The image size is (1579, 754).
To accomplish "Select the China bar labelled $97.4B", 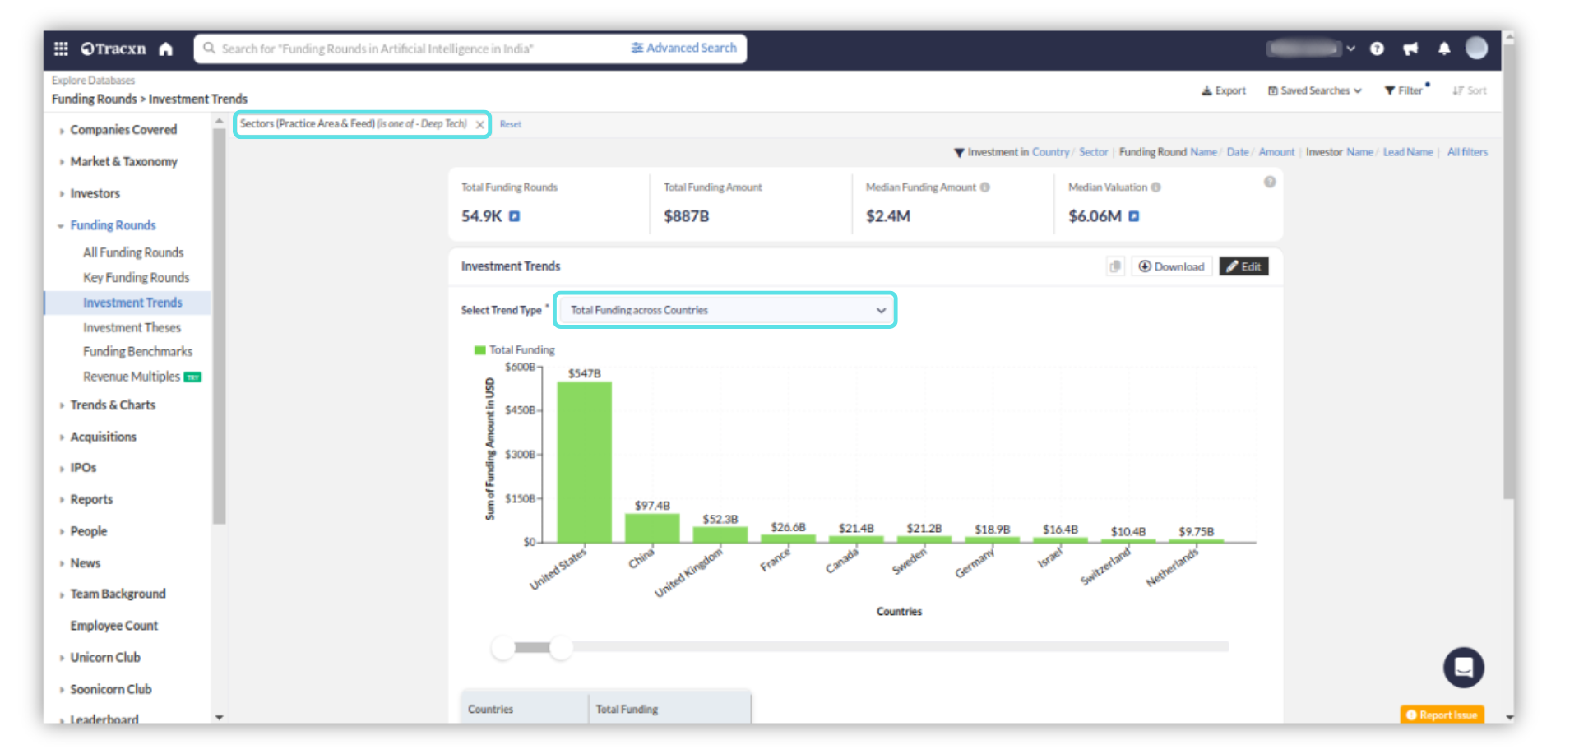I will pos(652,528).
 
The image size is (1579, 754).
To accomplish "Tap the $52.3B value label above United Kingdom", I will pos(720,520).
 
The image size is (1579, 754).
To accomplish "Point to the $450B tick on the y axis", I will pos(520,410).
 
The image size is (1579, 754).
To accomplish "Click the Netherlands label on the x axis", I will pos(1173,567).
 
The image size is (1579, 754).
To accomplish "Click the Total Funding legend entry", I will pos(515,350).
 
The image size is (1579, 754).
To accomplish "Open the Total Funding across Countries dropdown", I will pos(725,311).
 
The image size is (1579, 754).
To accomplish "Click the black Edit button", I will pos(1243,267).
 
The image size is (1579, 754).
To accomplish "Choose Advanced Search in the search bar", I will pos(683,49).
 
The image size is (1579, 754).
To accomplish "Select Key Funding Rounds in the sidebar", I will pos(136,278).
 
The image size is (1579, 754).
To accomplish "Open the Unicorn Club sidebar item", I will pos(105,658).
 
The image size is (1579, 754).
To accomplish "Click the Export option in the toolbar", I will pos(1224,91).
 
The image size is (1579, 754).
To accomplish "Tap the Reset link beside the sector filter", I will pos(510,125).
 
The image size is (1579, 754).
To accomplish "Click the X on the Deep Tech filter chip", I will pos(479,125).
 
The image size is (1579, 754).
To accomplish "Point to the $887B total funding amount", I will pos(686,216).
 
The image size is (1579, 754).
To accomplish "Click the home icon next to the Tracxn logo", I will pos(166,49).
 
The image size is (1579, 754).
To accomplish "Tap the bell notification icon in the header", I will pos(1444,49).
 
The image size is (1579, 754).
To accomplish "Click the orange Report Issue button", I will pos(1442,715).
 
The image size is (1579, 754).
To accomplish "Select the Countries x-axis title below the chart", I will pos(899,612).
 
